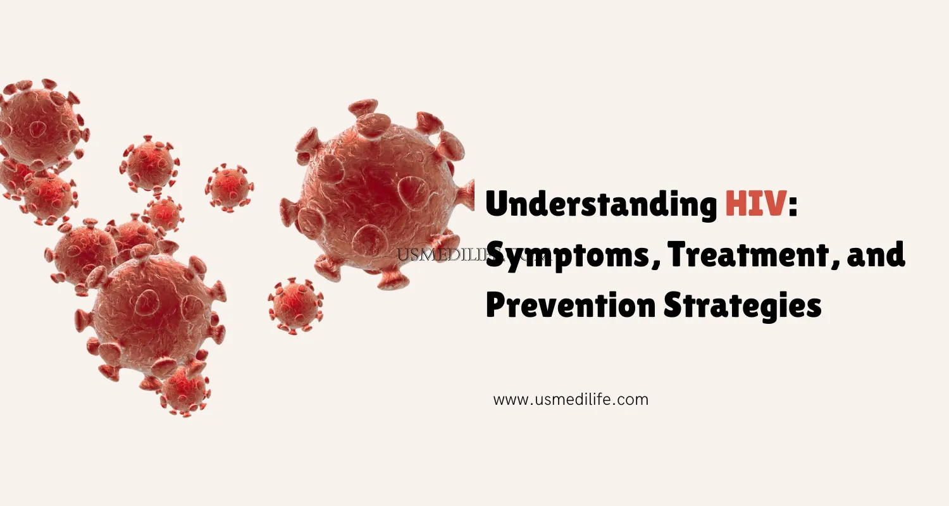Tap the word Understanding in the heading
pos(601,206)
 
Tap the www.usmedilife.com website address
pos(571,400)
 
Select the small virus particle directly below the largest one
pos(295,304)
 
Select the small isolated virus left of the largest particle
pos(229,187)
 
